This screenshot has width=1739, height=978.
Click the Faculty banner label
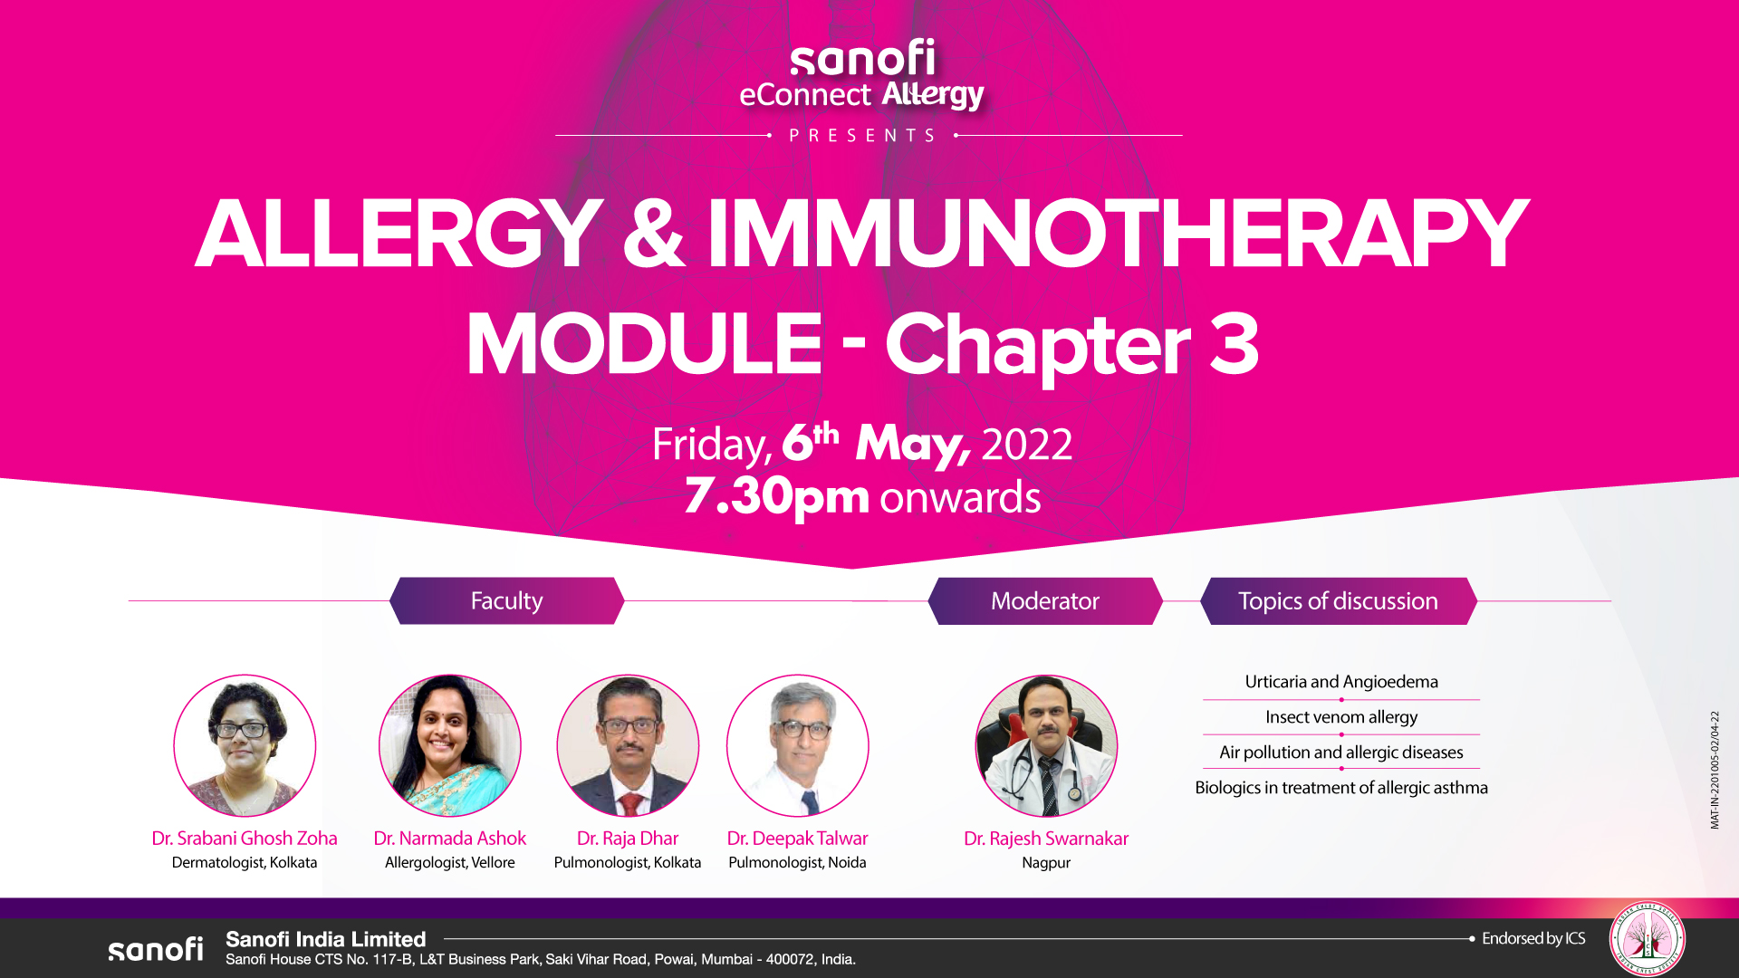click(506, 600)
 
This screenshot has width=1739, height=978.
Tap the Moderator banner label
click(1045, 600)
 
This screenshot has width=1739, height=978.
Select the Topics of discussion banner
click(1339, 600)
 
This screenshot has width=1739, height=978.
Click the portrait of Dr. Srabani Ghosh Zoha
click(245, 745)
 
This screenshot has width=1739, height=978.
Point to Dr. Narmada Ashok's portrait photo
click(450, 745)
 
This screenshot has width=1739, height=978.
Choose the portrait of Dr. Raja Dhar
click(628, 745)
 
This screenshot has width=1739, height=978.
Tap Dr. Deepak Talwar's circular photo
click(798, 745)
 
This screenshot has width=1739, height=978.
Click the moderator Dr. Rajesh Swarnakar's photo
click(1046, 745)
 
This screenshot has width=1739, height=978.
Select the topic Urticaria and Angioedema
click(1341, 682)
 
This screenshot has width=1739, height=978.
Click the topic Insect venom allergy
click(1341, 717)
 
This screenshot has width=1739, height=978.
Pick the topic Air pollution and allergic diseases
click(1341, 753)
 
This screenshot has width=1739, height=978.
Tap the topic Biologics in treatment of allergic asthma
click(1341, 788)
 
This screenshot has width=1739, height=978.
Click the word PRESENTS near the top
click(863, 136)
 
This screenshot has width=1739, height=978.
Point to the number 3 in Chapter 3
click(1234, 343)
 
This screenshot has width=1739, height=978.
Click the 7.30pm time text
click(776, 497)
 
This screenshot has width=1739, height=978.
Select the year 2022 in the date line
click(1027, 445)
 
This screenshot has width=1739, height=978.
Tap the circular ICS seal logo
click(1648, 939)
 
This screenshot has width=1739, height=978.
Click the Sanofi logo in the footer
click(156, 948)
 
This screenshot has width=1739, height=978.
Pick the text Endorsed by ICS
click(1533, 939)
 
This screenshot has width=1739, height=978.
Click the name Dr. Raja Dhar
click(628, 839)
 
